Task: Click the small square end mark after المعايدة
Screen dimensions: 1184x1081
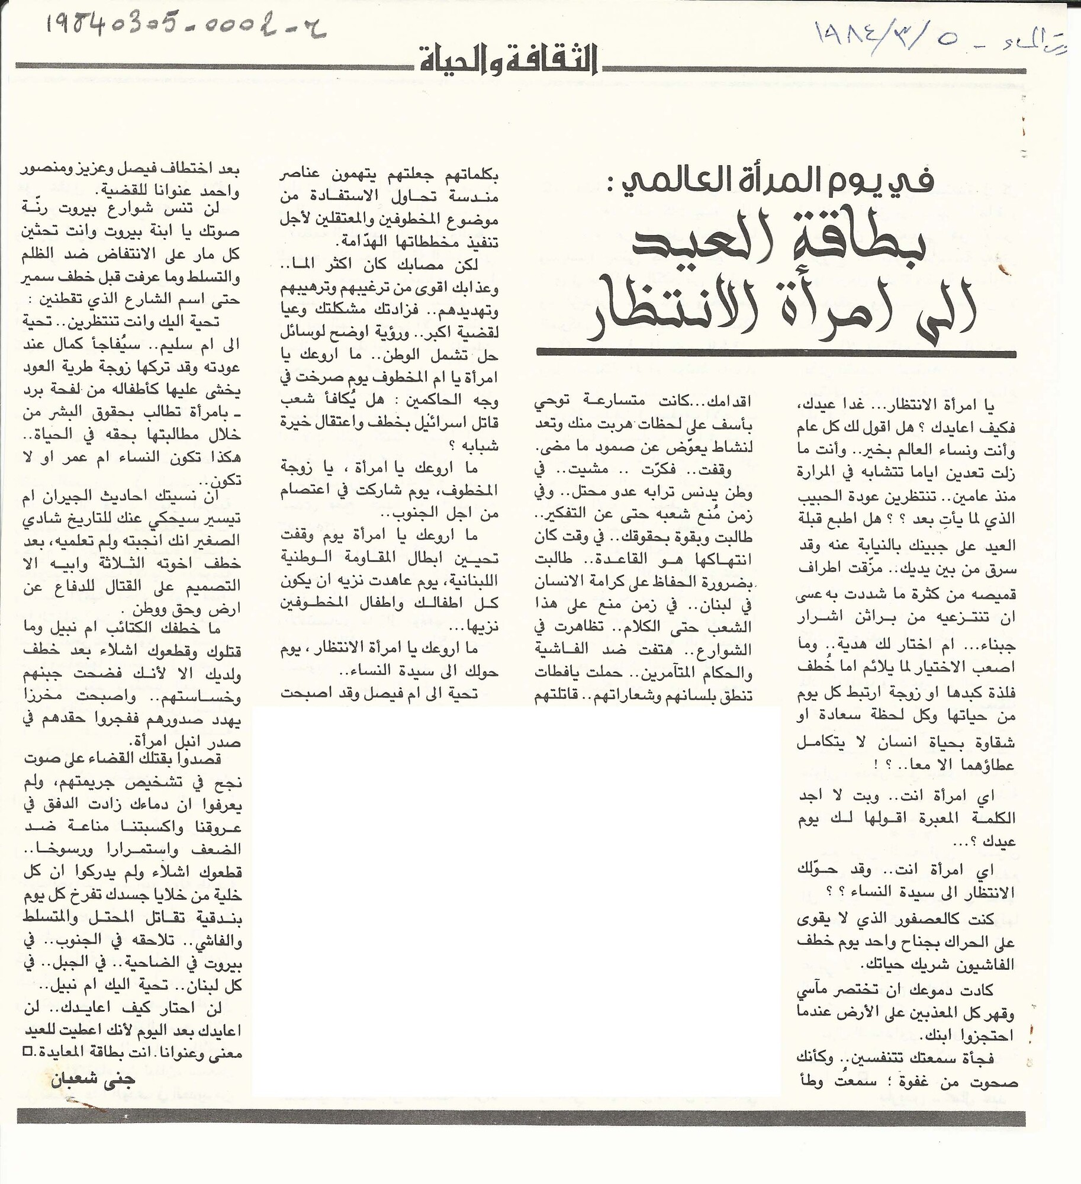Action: click(26, 1051)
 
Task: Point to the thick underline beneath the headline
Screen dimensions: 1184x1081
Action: click(776, 353)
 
